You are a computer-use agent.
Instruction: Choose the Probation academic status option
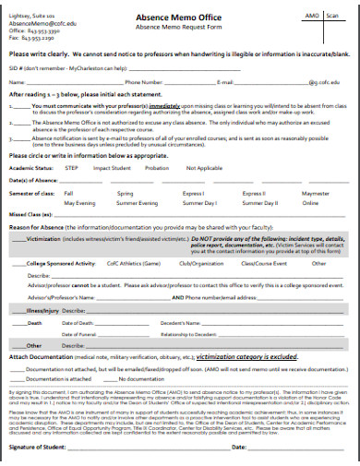158,143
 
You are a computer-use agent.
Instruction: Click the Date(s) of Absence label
35,154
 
